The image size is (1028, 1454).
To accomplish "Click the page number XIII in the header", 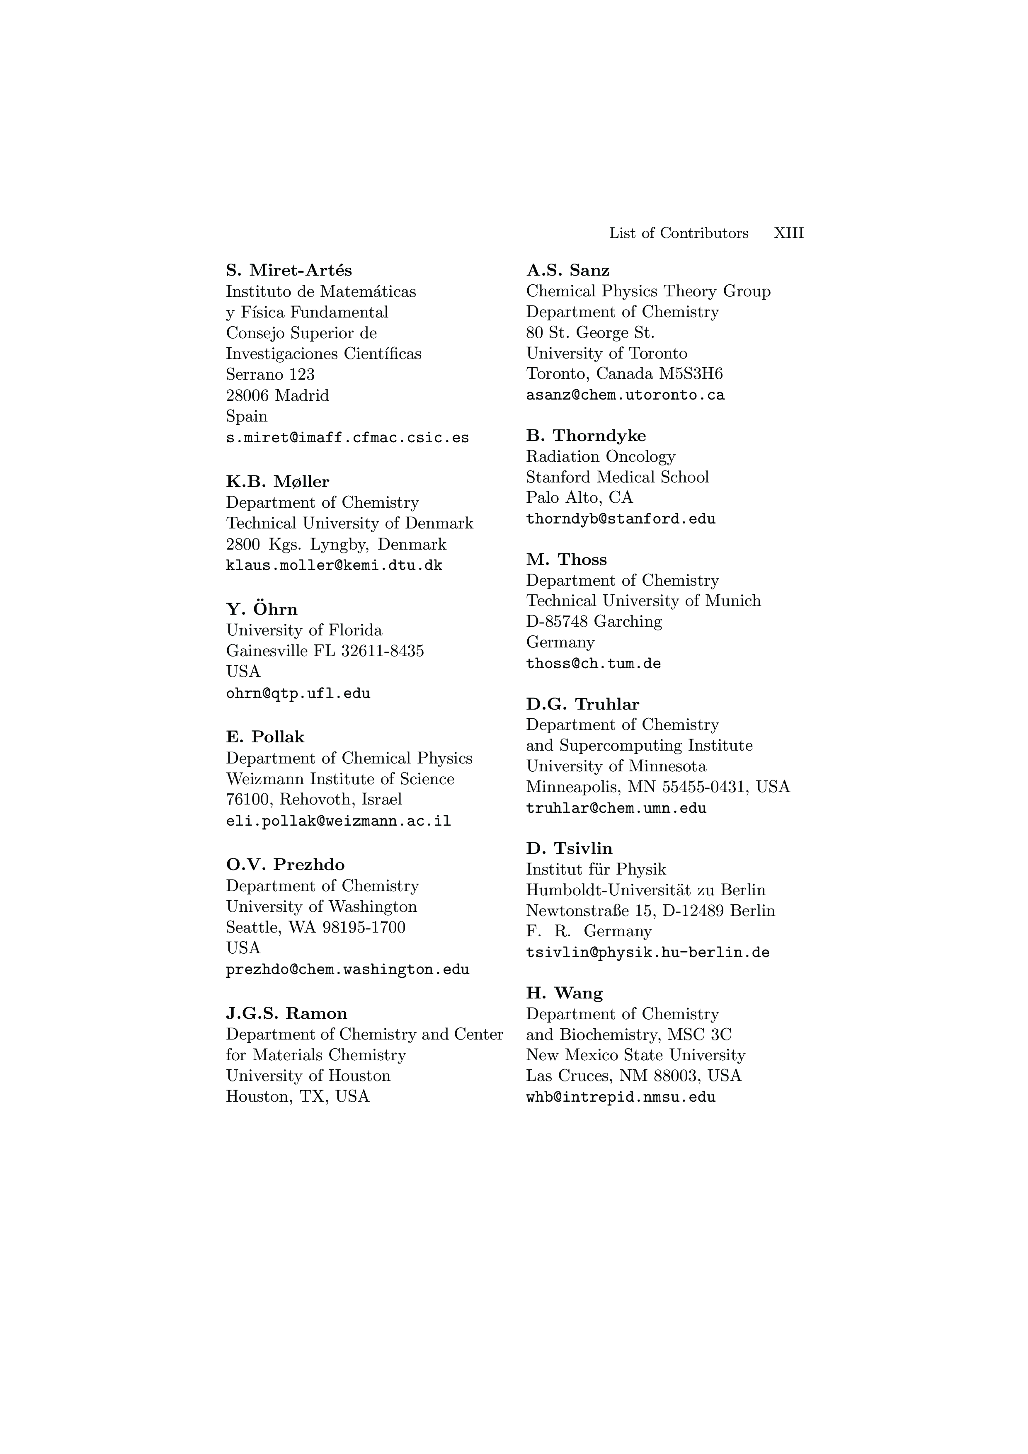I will pyautogui.click(x=788, y=233).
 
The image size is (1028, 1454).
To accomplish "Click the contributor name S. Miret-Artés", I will pyautogui.click(x=289, y=270).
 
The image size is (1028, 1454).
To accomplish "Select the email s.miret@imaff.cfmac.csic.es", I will pyautogui.click(x=347, y=438).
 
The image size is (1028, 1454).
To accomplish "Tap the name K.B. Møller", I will pyautogui.click(x=277, y=482).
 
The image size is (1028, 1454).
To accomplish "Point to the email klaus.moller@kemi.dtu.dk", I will pyautogui.click(x=334, y=565).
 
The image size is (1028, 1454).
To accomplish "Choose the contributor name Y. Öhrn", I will pyautogui.click(x=262, y=609).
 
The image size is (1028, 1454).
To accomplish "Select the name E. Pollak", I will pyautogui.click(x=265, y=737).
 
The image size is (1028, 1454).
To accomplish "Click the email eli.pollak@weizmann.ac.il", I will pyautogui.click(x=338, y=822).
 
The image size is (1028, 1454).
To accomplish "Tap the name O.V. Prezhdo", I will pyautogui.click(x=285, y=865).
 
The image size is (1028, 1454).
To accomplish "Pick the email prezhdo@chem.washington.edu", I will pyautogui.click(x=347, y=969).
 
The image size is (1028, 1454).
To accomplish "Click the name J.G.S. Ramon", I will pyautogui.click(x=286, y=1014).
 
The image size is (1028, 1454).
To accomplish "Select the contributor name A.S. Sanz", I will pyautogui.click(x=567, y=270).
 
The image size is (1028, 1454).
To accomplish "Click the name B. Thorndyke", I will pyautogui.click(x=586, y=436).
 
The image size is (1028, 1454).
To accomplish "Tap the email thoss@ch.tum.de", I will pyautogui.click(x=593, y=664).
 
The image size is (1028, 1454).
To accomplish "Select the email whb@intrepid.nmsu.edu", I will pyautogui.click(x=621, y=1098).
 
